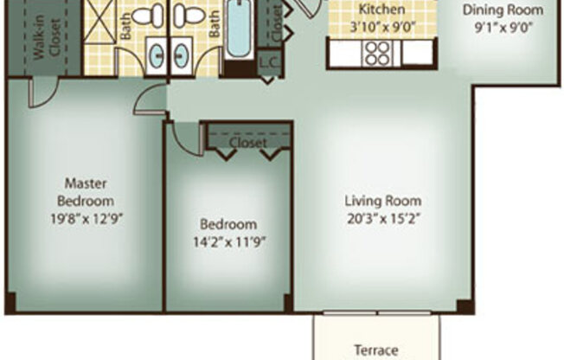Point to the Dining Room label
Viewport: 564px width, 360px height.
coord(503,10)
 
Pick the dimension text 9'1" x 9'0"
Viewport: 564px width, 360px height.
coord(503,26)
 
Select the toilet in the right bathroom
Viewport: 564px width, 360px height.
coord(190,15)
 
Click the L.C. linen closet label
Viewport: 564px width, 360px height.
coord(268,65)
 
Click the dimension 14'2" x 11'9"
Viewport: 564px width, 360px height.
coord(229,241)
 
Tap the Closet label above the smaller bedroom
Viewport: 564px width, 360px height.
coord(248,143)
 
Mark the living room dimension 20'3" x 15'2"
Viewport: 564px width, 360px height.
coord(380,218)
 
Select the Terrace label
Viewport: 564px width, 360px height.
coord(376,350)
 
